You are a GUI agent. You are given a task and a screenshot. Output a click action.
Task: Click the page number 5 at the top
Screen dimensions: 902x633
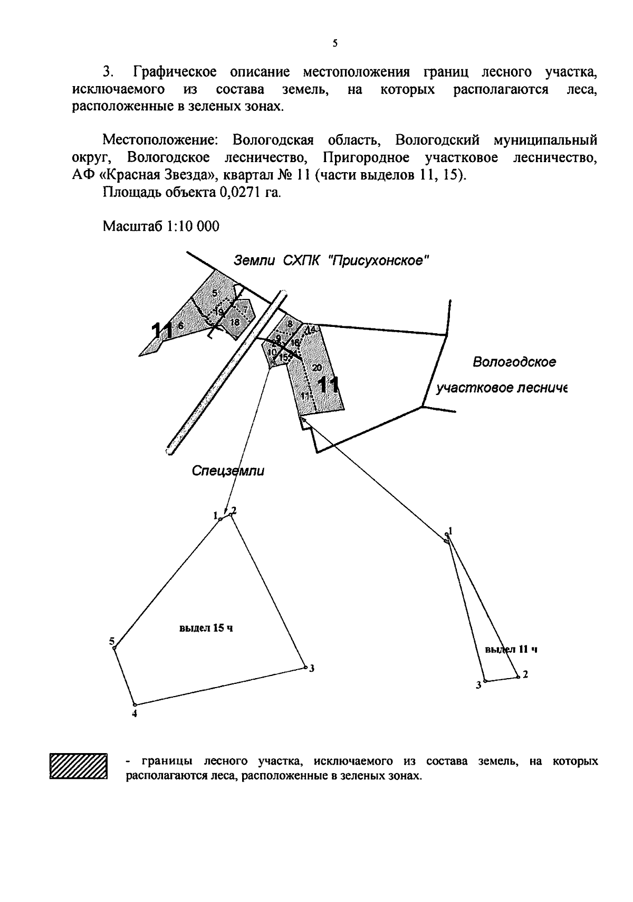[335, 44]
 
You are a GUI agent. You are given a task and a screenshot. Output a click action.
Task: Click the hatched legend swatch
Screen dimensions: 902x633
[79, 766]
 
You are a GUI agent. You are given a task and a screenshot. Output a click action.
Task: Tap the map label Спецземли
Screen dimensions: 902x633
[228, 471]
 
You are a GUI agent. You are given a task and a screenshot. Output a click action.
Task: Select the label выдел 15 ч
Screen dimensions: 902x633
[206, 628]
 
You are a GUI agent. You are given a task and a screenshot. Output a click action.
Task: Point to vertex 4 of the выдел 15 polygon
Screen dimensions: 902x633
[135, 705]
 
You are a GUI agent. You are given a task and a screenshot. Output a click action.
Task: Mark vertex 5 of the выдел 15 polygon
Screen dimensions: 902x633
[114, 647]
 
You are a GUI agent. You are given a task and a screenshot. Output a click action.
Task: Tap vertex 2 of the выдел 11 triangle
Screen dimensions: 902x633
[518, 676]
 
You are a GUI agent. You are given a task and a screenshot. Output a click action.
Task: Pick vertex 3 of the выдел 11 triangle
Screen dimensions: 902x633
[485, 681]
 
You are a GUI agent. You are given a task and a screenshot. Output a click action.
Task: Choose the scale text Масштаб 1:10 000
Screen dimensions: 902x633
[161, 226]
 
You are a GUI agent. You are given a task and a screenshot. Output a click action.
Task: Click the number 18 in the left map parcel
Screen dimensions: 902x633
[235, 322]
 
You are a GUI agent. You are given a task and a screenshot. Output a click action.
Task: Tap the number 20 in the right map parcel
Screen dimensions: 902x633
[316, 368]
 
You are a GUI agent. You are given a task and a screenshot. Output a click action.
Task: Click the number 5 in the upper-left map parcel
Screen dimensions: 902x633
[215, 293]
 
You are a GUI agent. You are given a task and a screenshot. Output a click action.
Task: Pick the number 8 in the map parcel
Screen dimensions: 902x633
[290, 323]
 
